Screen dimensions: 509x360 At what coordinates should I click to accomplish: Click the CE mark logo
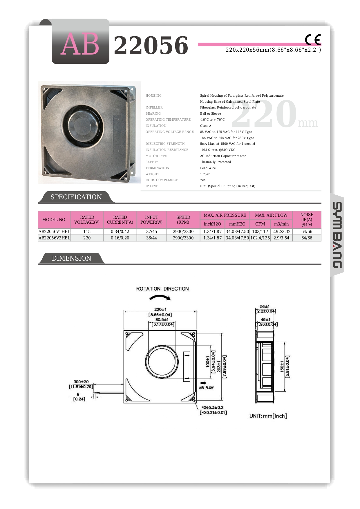pos(313,40)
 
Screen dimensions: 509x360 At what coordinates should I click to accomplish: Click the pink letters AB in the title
pos(80,44)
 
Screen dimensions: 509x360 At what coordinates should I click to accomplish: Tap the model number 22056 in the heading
pos(151,45)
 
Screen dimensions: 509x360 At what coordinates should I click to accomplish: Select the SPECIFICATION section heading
pos(76,197)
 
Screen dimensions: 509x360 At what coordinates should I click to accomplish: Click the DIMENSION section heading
pos(71,258)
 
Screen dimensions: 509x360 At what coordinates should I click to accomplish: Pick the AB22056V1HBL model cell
pos(54,232)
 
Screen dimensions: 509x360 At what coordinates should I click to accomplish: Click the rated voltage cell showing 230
pos(87,238)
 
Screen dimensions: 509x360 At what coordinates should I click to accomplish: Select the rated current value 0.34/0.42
pos(120,232)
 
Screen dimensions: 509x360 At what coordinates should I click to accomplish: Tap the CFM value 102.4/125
pos(260,238)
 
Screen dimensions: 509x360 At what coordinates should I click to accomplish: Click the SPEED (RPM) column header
pos(183,220)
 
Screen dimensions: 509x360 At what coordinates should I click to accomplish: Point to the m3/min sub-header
pos(281,224)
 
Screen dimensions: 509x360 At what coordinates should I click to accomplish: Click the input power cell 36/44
pos(151,238)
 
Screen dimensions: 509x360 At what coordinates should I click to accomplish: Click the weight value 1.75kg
pos(205,174)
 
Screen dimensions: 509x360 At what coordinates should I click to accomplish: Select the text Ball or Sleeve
pos(210,113)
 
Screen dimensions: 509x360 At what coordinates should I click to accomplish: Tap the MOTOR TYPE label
pos(156,156)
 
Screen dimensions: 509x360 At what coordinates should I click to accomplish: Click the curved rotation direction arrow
pos(160,297)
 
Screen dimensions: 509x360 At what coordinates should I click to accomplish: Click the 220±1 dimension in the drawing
pos(160,309)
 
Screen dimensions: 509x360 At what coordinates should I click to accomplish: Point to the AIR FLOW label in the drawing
pos(206,387)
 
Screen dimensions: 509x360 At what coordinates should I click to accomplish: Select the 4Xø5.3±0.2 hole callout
pos(212,407)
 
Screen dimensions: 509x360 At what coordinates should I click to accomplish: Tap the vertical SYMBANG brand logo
pos(337,235)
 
